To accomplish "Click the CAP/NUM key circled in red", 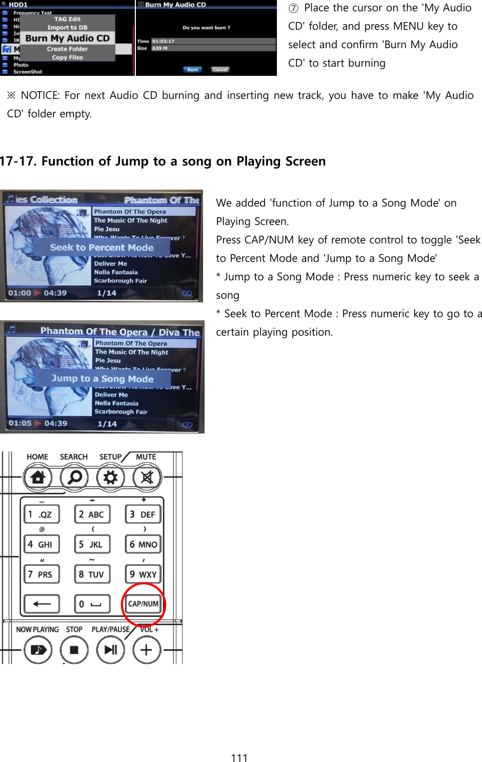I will click(x=143, y=604).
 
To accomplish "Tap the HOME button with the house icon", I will click(x=38, y=478).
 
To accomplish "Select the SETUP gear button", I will click(x=110, y=478).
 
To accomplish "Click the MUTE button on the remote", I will click(x=147, y=478).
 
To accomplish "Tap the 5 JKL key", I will click(x=92, y=544).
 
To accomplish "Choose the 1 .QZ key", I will click(x=42, y=514).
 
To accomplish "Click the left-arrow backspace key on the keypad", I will click(x=42, y=604).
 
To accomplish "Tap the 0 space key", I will click(x=92, y=604).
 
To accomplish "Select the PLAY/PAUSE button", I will click(x=111, y=650).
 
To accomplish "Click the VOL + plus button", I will click(x=146, y=650).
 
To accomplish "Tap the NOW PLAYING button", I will click(x=38, y=650).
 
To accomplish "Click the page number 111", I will click(x=239, y=758).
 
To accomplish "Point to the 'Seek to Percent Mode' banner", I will click(x=102, y=248).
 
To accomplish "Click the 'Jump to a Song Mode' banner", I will click(x=103, y=379).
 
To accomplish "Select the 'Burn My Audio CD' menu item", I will click(x=68, y=38).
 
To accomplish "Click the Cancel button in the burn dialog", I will click(x=220, y=70).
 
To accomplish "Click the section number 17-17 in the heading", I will click(x=18, y=161).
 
